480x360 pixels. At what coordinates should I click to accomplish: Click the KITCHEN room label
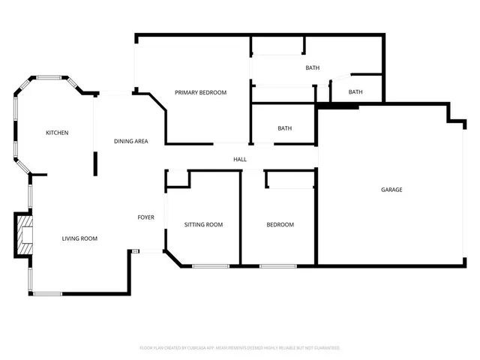(57, 133)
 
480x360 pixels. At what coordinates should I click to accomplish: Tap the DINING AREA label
(130, 141)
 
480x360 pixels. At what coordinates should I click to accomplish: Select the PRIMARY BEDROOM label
(200, 92)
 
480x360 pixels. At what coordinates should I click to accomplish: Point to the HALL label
(240, 159)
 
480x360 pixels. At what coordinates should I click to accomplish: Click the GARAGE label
(391, 190)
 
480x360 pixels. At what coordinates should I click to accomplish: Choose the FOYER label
(145, 217)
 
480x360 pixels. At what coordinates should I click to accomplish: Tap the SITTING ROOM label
(203, 225)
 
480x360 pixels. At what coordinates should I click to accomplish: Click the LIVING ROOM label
(79, 238)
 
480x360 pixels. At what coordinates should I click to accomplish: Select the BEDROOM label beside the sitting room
(280, 225)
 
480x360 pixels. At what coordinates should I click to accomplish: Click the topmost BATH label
(312, 68)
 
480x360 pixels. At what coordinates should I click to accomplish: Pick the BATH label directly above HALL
(284, 128)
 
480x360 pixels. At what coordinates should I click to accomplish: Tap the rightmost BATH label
(355, 92)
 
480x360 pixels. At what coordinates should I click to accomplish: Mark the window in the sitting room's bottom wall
(211, 265)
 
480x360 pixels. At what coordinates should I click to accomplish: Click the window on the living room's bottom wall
(47, 293)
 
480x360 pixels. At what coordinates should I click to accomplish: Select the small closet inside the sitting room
(177, 178)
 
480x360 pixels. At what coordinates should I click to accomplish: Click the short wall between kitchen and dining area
(95, 163)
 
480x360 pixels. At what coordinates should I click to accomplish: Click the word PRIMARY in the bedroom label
(189, 92)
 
